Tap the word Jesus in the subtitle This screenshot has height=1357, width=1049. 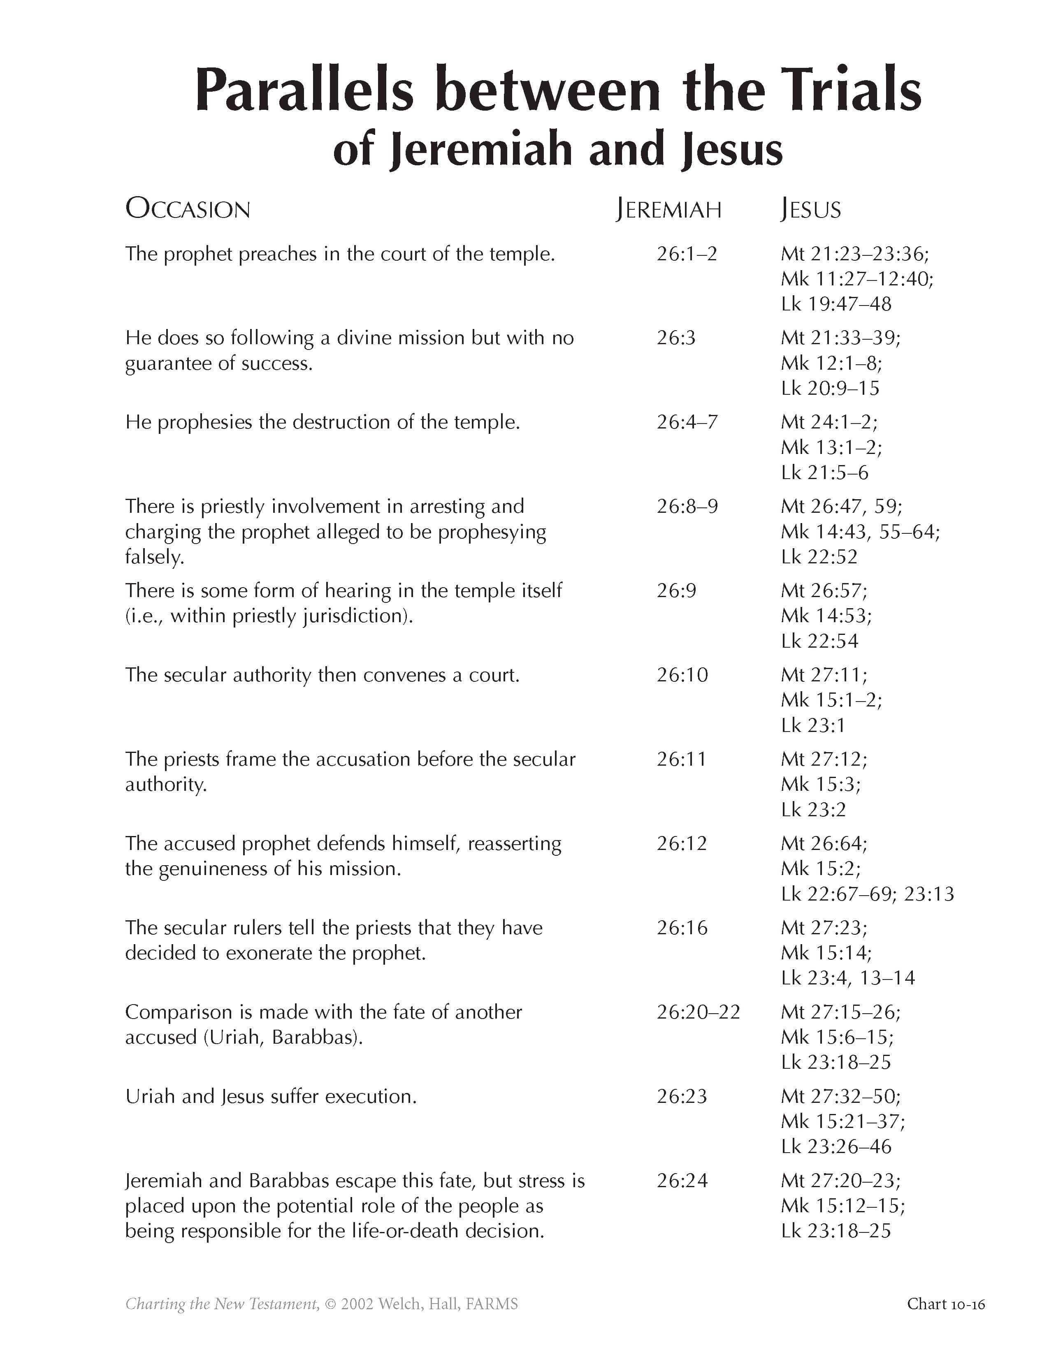731,150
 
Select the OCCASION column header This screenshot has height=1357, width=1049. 188,209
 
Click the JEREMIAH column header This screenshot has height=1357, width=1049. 668,209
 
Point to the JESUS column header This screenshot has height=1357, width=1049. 810,209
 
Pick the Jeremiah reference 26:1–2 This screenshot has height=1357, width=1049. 686,253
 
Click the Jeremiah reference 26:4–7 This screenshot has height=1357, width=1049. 687,422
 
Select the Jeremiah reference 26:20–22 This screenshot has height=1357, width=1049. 698,1012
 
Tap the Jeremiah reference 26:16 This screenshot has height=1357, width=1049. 682,928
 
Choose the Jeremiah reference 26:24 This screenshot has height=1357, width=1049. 682,1181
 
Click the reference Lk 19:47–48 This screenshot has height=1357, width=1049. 836,304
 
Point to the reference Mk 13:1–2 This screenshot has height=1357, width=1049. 831,447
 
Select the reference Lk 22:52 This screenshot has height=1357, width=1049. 819,557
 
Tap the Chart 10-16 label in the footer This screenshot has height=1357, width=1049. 946,1304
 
